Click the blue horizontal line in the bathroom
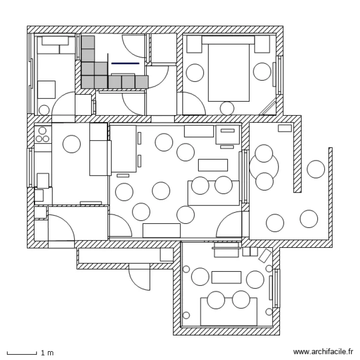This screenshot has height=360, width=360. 125,63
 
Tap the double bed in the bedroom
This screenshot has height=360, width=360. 228,69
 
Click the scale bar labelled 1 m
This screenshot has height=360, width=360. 22,353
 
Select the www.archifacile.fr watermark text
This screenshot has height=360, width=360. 323,352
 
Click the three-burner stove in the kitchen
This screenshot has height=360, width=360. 43,134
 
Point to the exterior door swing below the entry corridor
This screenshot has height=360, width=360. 139,277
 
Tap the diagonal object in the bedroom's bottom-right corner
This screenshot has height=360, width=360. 267,107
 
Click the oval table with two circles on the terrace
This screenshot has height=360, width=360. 264,168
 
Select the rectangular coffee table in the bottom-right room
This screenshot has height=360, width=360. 227,277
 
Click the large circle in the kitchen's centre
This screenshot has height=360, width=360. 72,144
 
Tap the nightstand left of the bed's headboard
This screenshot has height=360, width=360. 194,44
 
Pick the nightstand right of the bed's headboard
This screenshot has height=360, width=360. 262,44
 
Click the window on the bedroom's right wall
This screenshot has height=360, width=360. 278,75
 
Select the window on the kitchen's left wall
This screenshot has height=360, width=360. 30,168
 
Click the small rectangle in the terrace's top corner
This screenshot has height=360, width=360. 285,128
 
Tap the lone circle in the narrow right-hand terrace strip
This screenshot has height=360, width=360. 316,169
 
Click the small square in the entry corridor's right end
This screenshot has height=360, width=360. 167,254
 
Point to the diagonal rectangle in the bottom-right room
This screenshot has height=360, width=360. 265,255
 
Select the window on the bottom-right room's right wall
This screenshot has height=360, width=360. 276,288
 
